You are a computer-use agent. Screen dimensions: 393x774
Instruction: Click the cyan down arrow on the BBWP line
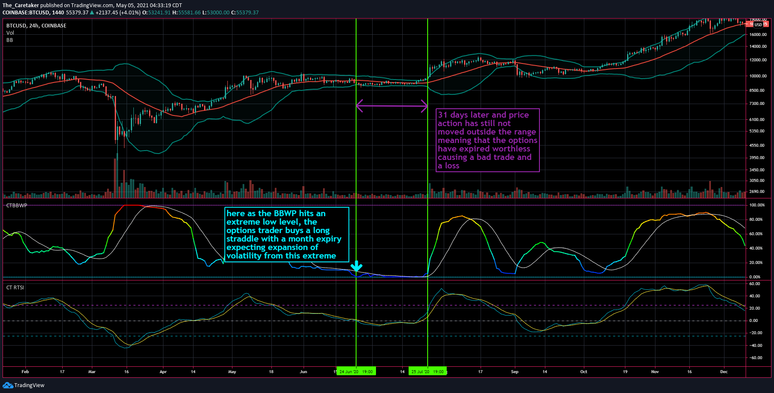click(x=357, y=266)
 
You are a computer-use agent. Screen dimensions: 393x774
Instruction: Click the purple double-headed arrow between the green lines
click(x=392, y=105)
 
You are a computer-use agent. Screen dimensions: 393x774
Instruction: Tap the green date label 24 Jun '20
click(x=356, y=372)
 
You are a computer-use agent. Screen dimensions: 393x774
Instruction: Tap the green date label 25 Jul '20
click(x=427, y=372)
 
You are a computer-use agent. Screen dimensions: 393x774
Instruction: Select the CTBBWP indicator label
click(x=17, y=206)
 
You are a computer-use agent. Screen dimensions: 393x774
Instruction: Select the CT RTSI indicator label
click(x=15, y=288)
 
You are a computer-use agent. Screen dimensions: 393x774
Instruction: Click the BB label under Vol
click(x=9, y=40)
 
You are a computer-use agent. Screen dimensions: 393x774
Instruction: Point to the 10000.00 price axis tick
click(x=757, y=76)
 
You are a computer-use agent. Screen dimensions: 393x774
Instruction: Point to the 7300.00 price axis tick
click(x=757, y=104)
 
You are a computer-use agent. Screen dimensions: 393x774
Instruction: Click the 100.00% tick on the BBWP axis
click(x=757, y=205)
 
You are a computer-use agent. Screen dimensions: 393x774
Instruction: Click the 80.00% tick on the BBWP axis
click(x=756, y=220)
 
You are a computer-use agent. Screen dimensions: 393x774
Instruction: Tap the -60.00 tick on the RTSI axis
click(x=756, y=358)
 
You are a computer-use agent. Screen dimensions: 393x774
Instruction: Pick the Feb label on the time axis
click(x=25, y=372)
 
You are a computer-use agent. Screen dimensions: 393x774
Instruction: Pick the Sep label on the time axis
click(x=514, y=372)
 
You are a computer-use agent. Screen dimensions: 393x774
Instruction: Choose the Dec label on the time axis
click(x=724, y=372)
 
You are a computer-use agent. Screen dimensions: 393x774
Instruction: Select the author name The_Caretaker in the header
click(x=20, y=5)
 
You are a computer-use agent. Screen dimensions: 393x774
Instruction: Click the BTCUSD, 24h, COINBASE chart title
click(x=36, y=26)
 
